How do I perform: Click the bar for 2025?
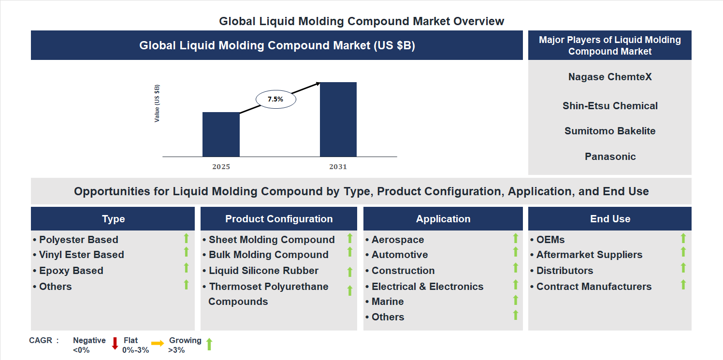(x=221, y=134)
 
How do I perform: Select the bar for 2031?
(x=338, y=119)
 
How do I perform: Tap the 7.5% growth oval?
(x=275, y=99)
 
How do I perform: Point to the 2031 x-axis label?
(x=338, y=167)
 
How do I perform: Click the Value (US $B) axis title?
(x=157, y=103)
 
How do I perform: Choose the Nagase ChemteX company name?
(x=610, y=77)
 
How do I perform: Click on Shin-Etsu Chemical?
(x=610, y=106)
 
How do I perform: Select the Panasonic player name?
(x=610, y=157)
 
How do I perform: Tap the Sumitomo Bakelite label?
(x=610, y=131)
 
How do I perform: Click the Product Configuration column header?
(x=279, y=219)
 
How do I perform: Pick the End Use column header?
(x=610, y=219)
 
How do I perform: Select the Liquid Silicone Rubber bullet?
(x=263, y=271)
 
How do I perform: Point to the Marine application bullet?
(x=387, y=302)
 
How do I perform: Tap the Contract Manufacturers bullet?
(x=593, y=287)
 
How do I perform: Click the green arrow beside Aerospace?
(x=515, y=238)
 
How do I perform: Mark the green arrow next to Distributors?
(x=683, y=268)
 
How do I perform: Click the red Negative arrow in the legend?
(x=115, y=344)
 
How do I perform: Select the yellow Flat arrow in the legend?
(x=158, y=344)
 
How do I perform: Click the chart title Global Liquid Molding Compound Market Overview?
(x=361, y=21)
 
